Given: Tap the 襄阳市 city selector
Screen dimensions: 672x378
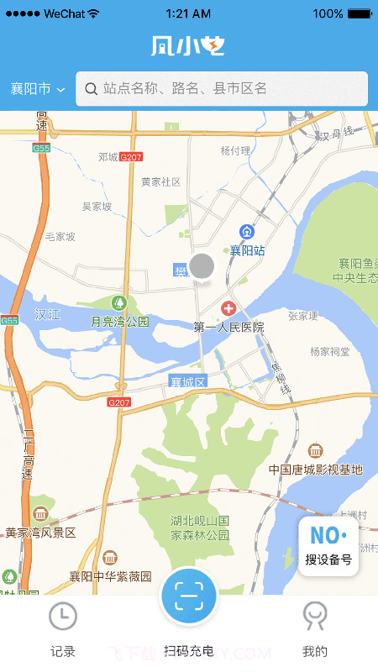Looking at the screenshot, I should pos(37,89).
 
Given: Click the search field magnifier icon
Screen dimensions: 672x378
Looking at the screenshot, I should pos(91,88).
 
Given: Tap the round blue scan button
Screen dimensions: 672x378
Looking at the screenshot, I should pos(189,597).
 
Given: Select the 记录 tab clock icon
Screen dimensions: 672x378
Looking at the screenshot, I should pos(63,617).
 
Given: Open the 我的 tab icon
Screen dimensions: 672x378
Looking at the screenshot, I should pos(315,617).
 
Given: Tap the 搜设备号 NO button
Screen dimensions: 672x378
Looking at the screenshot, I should pos(328,546).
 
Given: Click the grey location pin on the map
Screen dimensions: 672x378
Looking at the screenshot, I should pos(202,266).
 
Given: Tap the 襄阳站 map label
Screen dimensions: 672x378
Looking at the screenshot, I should pos(248,250).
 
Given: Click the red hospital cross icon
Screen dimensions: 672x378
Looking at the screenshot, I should pos(228,310).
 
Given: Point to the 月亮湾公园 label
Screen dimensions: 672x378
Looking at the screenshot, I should pos(119,321).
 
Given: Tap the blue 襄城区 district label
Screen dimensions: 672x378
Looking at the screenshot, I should pos(187,382).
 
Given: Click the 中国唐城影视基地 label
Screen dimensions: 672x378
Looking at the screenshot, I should pos(315,470).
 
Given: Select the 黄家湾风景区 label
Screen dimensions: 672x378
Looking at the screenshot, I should pos(40,533).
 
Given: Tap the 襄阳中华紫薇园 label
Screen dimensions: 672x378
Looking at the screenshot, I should pos(110,576).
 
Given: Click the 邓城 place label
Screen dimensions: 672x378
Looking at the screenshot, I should pos(108,157).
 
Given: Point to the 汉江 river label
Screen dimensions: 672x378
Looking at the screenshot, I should pos(47,314).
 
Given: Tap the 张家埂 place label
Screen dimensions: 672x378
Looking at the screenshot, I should pos(302,316).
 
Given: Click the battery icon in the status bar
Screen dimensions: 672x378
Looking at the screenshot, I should pos(360,13).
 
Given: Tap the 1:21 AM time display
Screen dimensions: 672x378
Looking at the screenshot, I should pos(188,13).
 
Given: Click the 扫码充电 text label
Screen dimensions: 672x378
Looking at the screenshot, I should pos(189,651).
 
